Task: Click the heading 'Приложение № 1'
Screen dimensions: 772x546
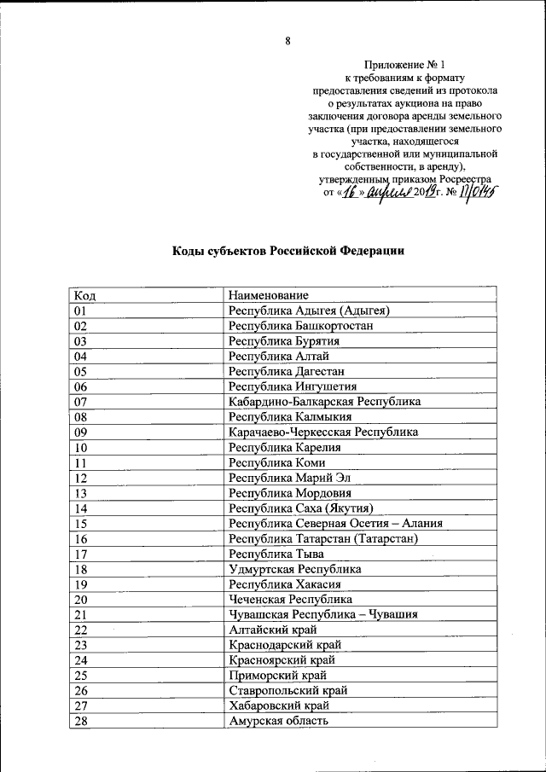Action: (404, 64)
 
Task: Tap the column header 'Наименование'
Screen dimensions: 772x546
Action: (269, 295)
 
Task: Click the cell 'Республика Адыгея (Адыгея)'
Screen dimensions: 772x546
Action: (310, 311)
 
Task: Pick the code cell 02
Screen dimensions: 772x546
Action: (82, 326)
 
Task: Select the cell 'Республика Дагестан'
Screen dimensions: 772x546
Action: (286, 372)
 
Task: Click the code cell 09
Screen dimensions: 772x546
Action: (82, 432)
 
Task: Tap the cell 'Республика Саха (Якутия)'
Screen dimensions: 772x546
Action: (302, 509)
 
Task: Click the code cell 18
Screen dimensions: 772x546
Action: (82, 569)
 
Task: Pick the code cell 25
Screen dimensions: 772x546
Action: (82, 676)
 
